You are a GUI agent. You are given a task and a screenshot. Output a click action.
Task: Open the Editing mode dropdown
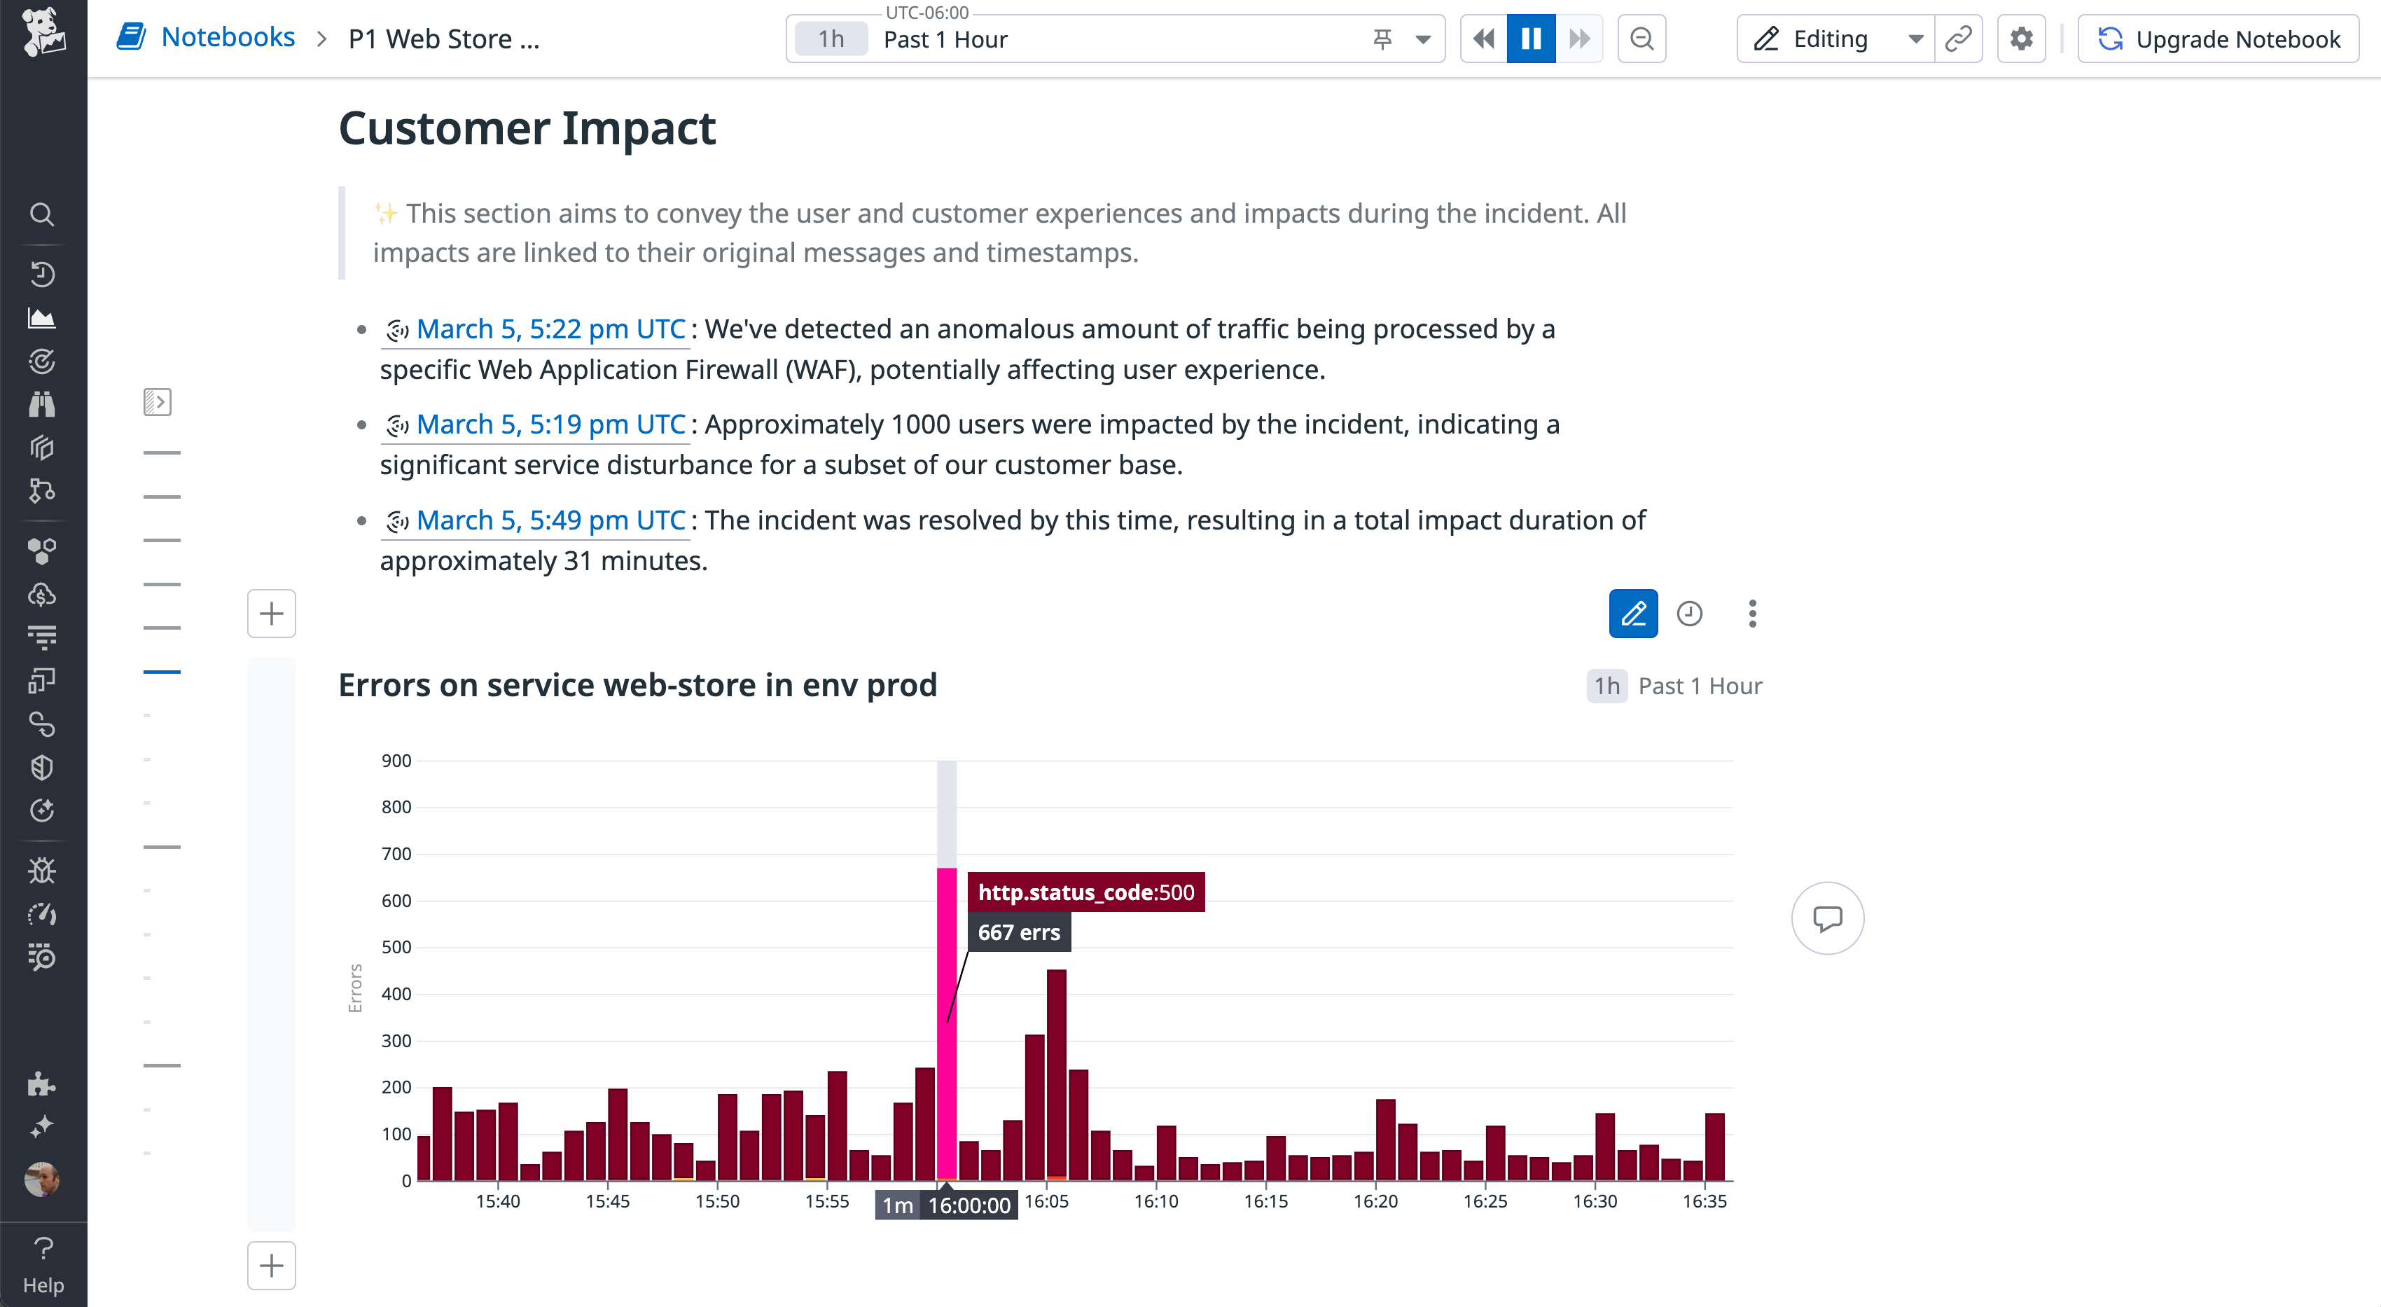pos(1915,39)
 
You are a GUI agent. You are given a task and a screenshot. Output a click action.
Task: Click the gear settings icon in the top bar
pos(2022,39)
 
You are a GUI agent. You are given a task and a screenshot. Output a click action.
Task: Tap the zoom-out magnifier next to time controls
pos(1641,39)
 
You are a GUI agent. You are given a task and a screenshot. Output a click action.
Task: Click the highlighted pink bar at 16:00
pos(947,1017)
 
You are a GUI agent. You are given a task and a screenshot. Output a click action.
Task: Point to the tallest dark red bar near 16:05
pos(1057,1072)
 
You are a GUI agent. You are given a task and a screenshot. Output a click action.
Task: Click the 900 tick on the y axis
pos(396,761)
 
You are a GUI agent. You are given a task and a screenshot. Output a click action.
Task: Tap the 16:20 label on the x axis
pos(1375,1201)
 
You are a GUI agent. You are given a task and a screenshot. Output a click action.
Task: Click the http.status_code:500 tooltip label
pos(1086,892)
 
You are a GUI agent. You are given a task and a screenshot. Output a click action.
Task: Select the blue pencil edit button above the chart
pos(1633,614)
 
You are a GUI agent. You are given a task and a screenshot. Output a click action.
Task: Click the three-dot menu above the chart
pos(1752,614)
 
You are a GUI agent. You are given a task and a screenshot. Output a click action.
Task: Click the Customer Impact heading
pos(527,128)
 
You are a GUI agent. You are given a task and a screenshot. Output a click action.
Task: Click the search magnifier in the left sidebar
pos(41,214)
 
